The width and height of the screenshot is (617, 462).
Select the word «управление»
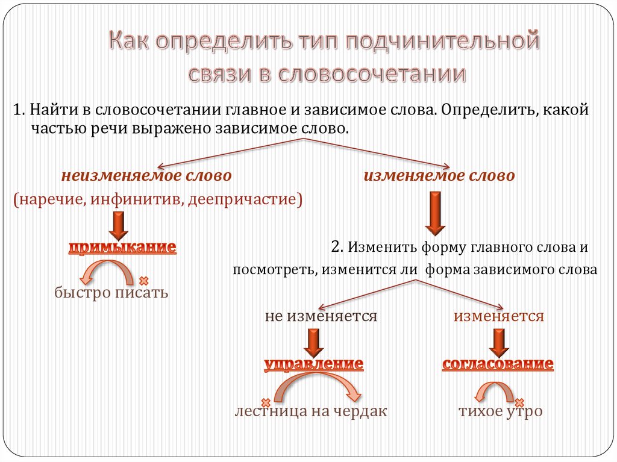point(314,364)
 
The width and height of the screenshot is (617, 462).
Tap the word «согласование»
point(498,364)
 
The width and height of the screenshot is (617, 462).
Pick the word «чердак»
point(360,411)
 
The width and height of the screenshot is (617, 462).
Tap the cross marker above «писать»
point(143,280)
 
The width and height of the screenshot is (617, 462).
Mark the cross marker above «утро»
point(520,401)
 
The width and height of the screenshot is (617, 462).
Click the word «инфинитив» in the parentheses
point(137,199)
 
